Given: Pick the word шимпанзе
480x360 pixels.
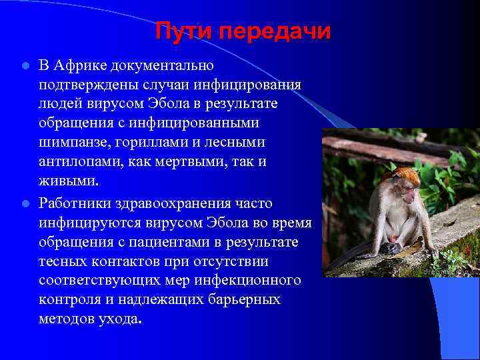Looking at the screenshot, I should pos(73,142).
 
